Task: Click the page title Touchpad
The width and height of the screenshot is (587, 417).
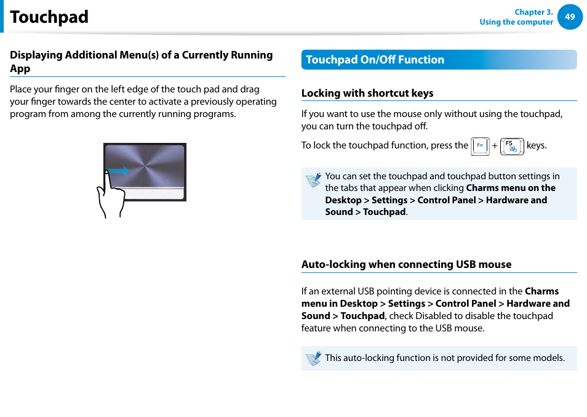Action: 49,17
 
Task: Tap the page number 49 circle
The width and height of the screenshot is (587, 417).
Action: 570,17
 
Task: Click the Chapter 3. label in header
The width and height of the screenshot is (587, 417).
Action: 533,12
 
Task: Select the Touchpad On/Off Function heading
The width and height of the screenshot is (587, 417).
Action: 375,60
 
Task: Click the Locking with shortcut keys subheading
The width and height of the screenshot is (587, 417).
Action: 367,93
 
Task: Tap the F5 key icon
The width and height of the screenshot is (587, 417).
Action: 512,147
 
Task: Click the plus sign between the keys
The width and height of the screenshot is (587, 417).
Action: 494,146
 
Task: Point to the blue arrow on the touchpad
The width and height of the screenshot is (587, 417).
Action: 119,171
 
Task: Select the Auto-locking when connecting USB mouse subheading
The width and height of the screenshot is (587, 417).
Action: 406,264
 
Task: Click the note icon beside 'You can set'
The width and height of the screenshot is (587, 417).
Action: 313,180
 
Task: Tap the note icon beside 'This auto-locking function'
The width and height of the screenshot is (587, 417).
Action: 313,358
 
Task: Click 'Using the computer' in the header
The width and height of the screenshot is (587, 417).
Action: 516,22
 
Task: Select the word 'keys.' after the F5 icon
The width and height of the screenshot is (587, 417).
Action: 537,145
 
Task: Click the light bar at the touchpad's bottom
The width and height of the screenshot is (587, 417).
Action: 145,193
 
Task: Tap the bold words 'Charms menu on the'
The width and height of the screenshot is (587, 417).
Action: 511,188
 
